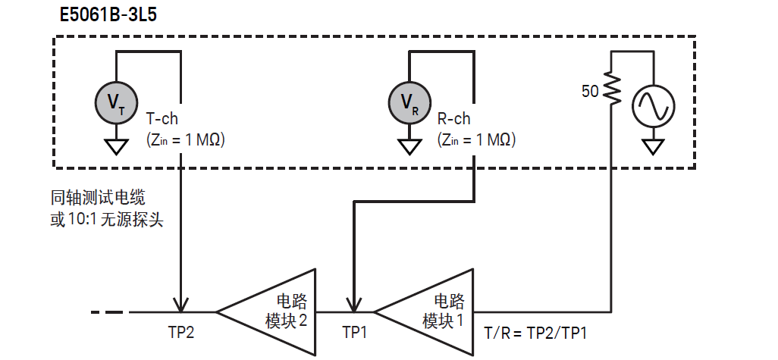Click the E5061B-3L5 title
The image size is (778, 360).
pyautogui.click(x=108, y=14)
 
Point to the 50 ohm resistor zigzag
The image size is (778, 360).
pyautogui.click(x=612, y=92)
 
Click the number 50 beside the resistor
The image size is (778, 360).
pyautogui.click(x=590, y=92)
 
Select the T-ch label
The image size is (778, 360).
pyautogui.click(x=162, y=119)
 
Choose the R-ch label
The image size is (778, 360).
pyautogui.click(x=454, y=119)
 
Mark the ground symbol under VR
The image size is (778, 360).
pyautogui.click(x=409, y=146)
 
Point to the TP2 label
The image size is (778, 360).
pyautogui.click(x=181, y=333)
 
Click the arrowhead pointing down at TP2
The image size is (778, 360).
pyautogui.click(x=180, y=303)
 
